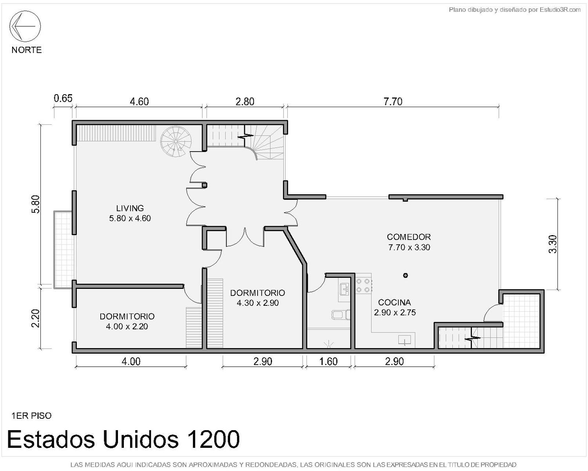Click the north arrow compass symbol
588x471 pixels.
click(x=25, y=26)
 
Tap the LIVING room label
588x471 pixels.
click(x=130, y=208)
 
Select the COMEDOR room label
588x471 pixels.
click(x=409, y=237)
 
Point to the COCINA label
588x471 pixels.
click(x=395, y=302)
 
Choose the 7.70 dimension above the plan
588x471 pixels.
click(x=393, y=102)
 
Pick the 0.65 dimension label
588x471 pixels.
click(x=63, y=98)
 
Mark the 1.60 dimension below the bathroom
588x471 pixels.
click(x=328, y=361)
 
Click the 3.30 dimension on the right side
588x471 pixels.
click(x=552, y=244)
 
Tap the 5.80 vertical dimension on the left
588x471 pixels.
click(x=36, y=204)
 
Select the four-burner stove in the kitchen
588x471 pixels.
click(x=363, y=285)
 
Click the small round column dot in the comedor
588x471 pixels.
click(x=405, y=275)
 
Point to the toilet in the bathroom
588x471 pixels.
click(x=341, y=315)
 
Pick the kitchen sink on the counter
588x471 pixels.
click(x=405, y=340)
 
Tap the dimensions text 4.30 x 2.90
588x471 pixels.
click(x=258, y=303)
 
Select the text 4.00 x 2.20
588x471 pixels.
click(x=127, y=327)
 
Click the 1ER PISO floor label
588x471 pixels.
click(x=31, y=416)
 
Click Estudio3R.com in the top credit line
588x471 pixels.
click(x=560, y=10)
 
